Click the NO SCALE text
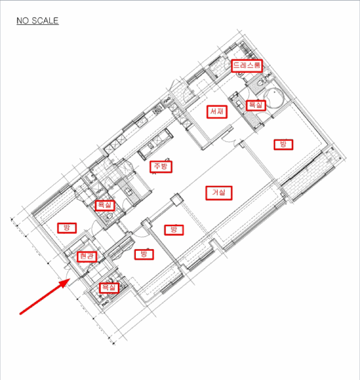coord(37,21)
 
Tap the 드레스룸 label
coord(247,66)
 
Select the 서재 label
coord(217,112)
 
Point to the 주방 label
coord(161,167)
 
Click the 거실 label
coord(219,193)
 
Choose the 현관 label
coord(87,257)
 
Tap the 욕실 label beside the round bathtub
coord(256,105)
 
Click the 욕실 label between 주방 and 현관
coord(105,206)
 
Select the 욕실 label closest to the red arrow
coord(109,288)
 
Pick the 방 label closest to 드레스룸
coord(283,144)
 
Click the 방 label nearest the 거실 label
coord(174,230)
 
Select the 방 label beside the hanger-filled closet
coord(144,255)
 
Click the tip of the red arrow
coord(70,279)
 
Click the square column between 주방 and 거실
coord(176,200)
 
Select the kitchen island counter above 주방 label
coord(155,143)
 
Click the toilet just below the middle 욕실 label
coord(109,217)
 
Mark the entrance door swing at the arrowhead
coord(67,274)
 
